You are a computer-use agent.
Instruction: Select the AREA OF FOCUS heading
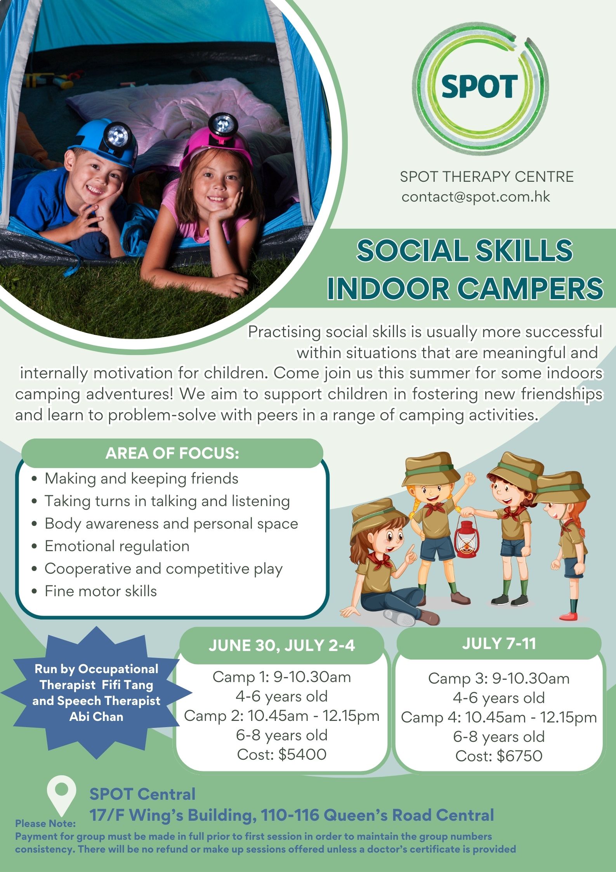pyautogui.click(x=172, y=453)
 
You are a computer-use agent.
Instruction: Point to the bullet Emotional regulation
pyautogui.click(x=117, y=546)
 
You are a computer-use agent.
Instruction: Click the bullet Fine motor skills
pyautogui.click(x=101, y=591)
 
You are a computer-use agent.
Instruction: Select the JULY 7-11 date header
pyautogui.click(x=499, y=644)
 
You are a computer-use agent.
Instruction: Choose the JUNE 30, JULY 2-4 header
pyautogui.click(x=282, y=646)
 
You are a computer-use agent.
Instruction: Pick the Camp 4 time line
pyautogui.click(x=499, y=717)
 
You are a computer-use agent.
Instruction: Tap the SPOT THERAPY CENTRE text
pyautogui.click(x=487, y=177)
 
